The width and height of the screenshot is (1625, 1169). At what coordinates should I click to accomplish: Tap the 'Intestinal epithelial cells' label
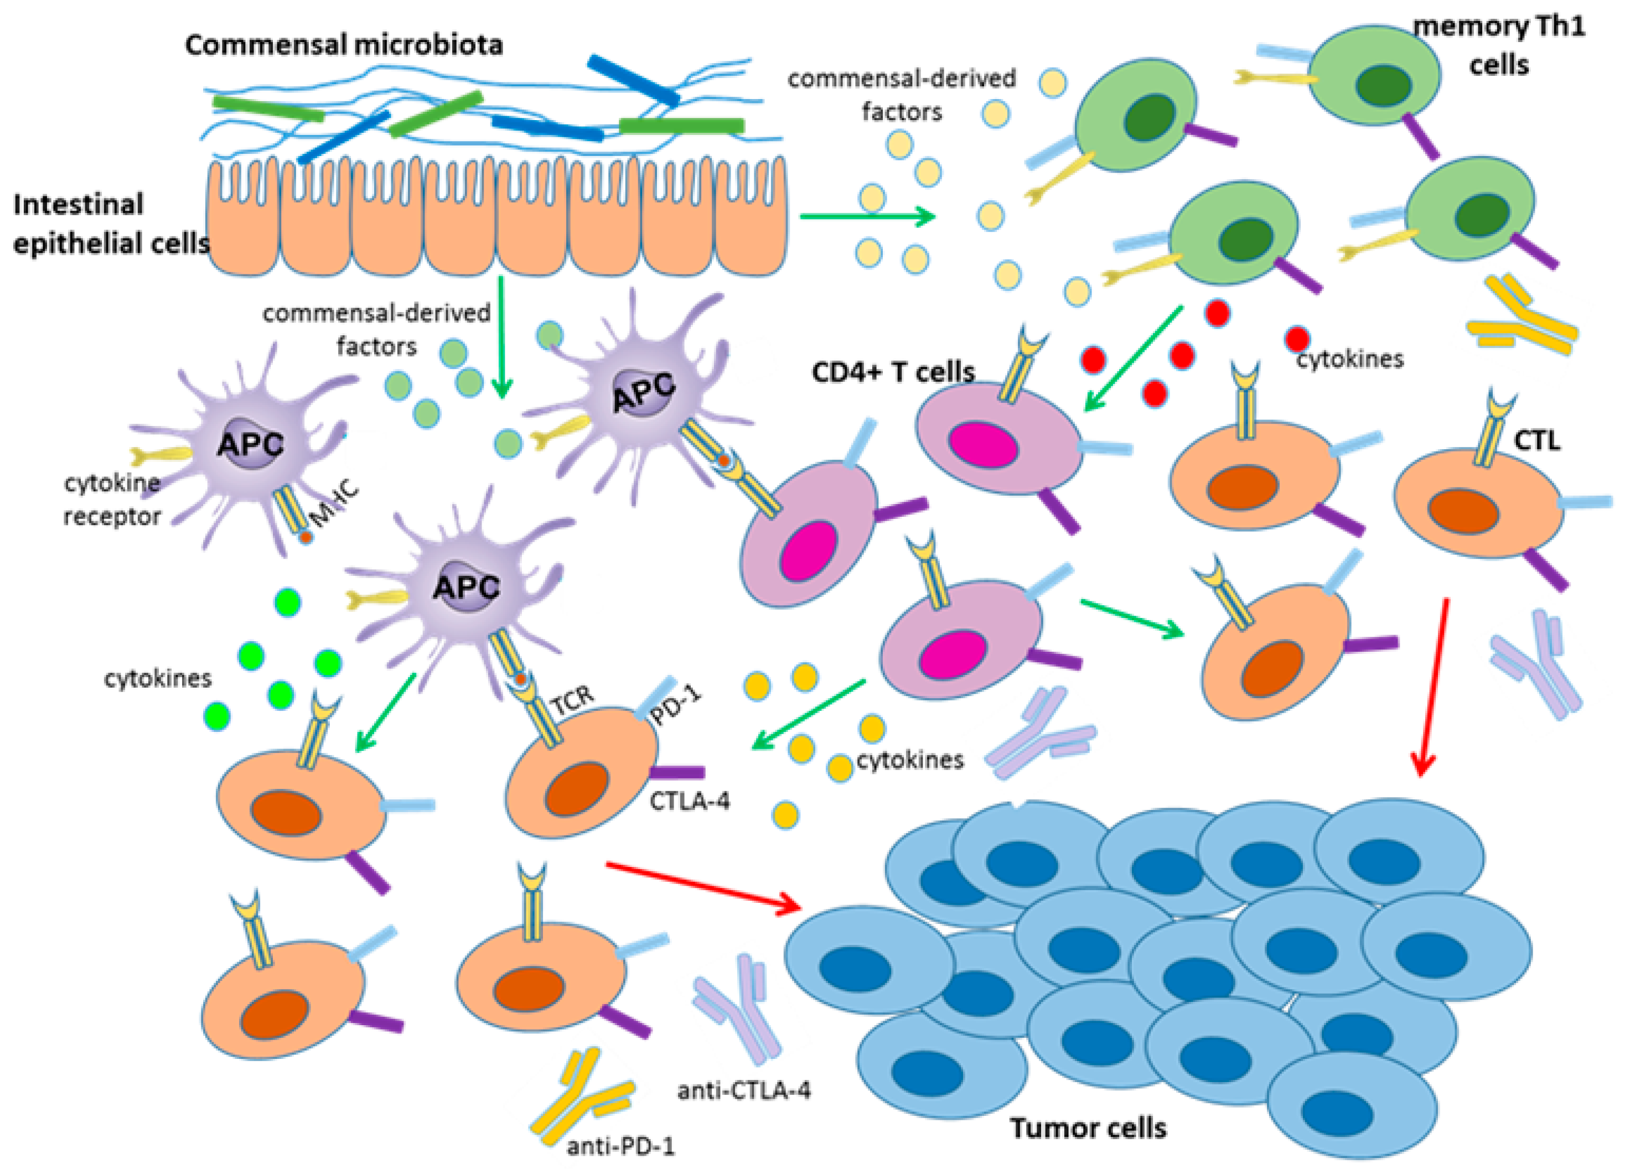(111, 224)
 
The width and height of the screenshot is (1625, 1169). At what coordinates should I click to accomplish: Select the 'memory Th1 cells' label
(1499, 46)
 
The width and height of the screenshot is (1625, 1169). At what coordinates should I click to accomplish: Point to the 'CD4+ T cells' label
(893, 372)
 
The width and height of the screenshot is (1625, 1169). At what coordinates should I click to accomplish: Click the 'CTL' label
(1538, 440)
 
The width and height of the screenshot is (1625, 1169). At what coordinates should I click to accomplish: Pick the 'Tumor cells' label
(1088, 1128)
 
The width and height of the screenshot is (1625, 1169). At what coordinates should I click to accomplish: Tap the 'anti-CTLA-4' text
(744, 1090)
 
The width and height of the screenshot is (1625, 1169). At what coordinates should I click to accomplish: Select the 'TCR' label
(573, 700)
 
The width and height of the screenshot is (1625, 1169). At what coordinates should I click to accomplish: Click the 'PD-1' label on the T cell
(676, 705)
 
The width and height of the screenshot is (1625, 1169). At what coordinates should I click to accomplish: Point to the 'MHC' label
(335, 503)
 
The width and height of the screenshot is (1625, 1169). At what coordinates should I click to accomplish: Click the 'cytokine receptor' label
(112, 499)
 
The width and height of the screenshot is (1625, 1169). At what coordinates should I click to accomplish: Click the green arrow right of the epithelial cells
(868, 216)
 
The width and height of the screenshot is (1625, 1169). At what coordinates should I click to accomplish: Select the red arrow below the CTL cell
(1433, 687)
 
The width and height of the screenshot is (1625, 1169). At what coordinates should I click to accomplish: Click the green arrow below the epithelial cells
(501, 337)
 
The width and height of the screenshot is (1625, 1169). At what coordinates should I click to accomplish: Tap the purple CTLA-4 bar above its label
(677, 772)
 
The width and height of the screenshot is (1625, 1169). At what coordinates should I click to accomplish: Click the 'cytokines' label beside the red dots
(1350, 359)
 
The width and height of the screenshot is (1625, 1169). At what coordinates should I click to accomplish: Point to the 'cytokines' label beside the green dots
(158, 678)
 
